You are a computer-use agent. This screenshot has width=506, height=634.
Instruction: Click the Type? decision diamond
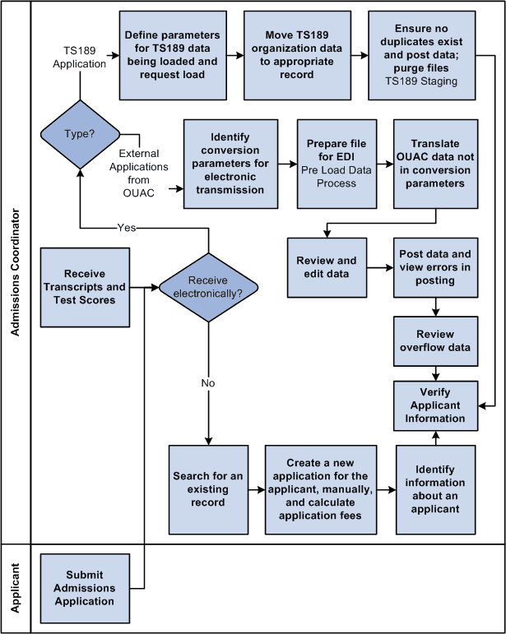pyautogui.click(x=79, y=133)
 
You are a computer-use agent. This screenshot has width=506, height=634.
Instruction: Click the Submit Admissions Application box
pyautogui.click(x=91, y=588)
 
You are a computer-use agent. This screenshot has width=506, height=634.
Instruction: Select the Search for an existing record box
pyautogui.click(x=209, y=489)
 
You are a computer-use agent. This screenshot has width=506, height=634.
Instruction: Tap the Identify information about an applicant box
pyautogui.click(x=435, y=489)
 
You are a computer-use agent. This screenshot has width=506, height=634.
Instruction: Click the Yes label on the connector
pyautogui.click(x=127, y=228)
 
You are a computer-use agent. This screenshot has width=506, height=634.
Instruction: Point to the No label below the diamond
pyautogui.click(x=208, y=382)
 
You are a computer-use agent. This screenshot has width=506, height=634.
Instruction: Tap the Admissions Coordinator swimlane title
pyautogui.click(x=16, y=277)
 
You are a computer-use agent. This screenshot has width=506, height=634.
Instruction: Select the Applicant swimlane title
pyautogui.click(x=16, y=588)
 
